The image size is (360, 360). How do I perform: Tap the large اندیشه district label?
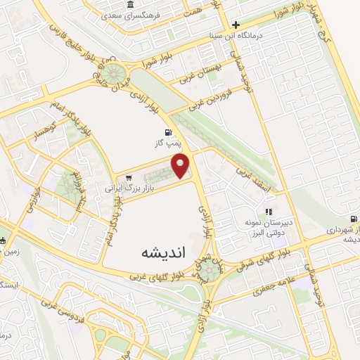tap(162, 252)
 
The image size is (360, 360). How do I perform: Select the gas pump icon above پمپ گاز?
tap(167, 132)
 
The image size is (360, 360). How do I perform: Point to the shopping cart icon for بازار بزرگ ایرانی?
tap(127, 177)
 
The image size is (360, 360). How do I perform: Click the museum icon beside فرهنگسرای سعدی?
tap(131, 6)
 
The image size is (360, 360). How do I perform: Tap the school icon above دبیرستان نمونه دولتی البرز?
tap(268, 212)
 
